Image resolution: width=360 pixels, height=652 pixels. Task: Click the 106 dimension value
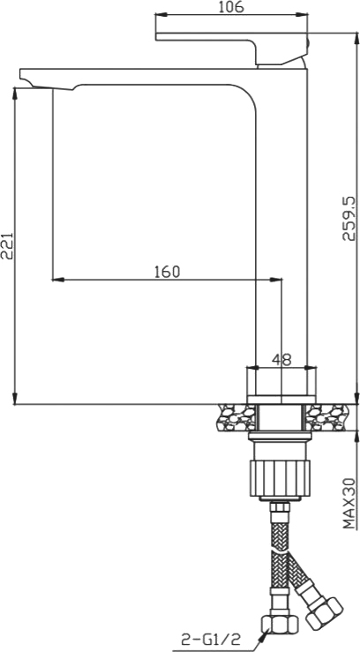(230, 8)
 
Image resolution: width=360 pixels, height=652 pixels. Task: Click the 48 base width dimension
(281, 359)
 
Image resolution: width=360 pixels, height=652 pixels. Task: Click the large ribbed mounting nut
(281, 476)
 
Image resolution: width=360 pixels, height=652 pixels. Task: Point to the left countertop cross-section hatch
(233, 417)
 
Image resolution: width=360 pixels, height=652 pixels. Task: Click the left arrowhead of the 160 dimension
(57, 281)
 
